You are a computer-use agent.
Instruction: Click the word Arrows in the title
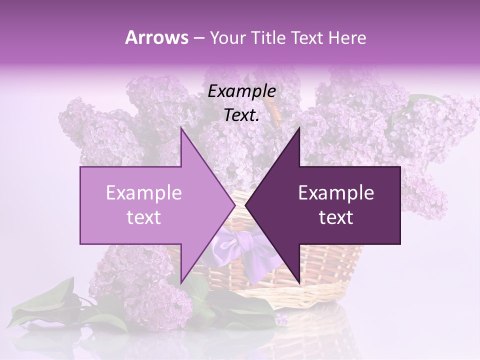(x=156, y=37)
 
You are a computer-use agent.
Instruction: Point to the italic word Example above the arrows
(x=241, y=91)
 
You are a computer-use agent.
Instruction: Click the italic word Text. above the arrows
(x=241, y=115)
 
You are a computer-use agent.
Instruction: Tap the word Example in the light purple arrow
(x=144, y=193)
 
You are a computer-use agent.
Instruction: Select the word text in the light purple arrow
(x=144, y=217)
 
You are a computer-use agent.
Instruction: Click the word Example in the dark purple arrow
(x=336, y=193)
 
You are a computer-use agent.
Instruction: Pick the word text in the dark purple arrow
(x=336, y=217)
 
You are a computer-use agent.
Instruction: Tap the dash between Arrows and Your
(x=198, y=38)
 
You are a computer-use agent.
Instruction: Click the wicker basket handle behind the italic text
(x=273, y=107)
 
